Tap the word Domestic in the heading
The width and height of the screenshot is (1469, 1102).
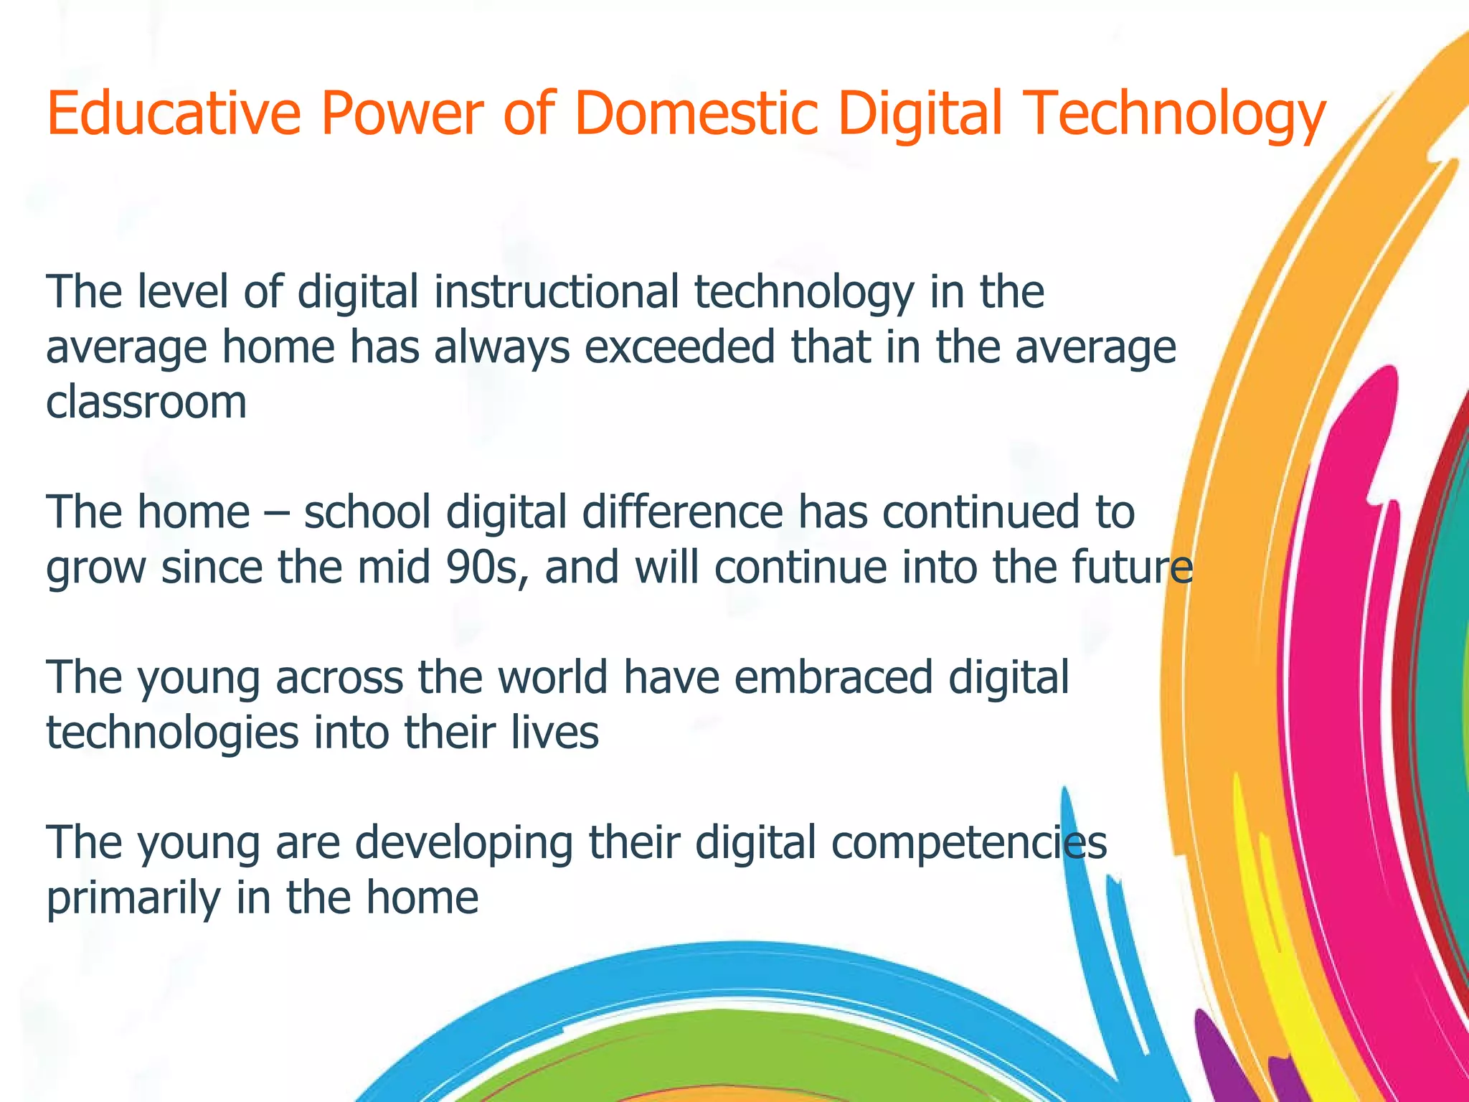[x=696, y=113]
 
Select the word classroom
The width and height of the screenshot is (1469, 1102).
[x=146, y=402]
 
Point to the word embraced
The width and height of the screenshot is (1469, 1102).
[x=833, y=677]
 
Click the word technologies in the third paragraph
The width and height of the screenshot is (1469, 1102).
[x=172, y=733]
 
